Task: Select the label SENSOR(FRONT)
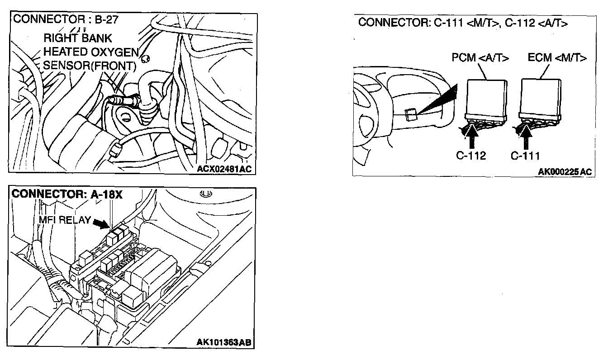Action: pos(89,66)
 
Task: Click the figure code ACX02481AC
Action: pos(224,169)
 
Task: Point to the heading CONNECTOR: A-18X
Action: pos(67,194)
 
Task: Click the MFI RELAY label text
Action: pos(64,221)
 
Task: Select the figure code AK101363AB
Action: pos(223,342)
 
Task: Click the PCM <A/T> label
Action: pos(480,58)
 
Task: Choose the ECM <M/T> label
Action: pos(557,58)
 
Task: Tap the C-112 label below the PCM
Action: pos(471,156)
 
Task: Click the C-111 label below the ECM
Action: pos(525,156)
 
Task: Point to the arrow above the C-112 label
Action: pos(471,137)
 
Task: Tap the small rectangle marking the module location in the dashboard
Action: pos(411,115)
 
